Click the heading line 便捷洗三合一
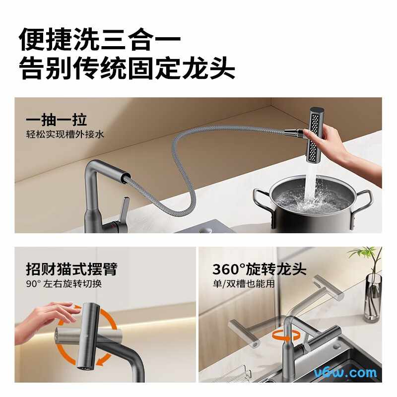(x=100, y=39)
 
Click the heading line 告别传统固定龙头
(x=127, y=68)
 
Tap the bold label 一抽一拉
(x=56, y=120)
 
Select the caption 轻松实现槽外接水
(x=65, y=134)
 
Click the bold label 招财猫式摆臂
(x=71, y=269)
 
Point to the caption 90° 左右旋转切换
(x=64, y=283)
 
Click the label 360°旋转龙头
(x=259, y=269)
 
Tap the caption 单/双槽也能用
(x=244, y=283)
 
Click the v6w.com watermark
(x=345, y=373)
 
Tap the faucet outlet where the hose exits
(x=126, y=177)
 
